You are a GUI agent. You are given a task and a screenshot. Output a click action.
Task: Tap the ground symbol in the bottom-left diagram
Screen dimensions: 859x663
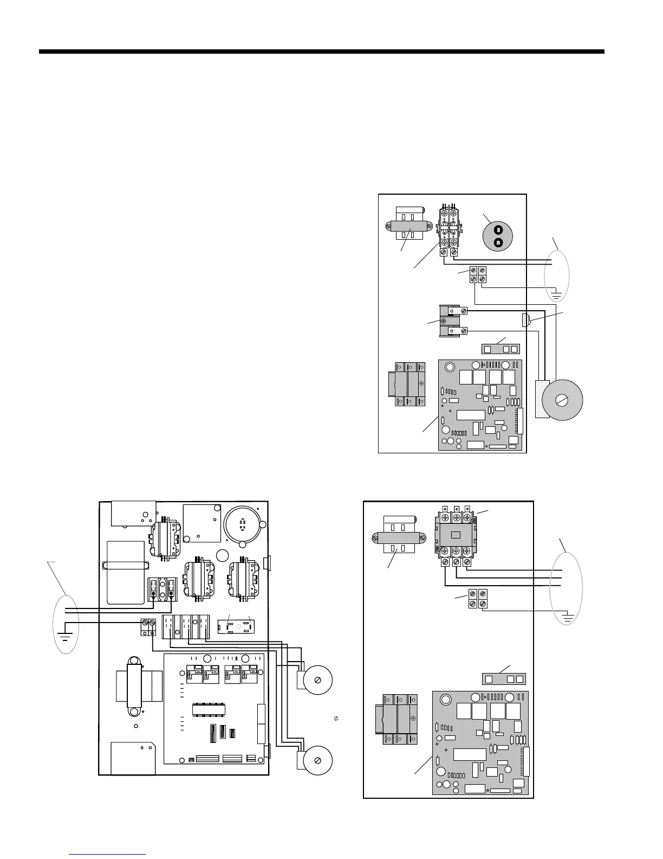click(x=66, y=635)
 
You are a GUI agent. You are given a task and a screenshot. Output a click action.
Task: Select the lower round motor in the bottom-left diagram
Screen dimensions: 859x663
click(x=317, y=759)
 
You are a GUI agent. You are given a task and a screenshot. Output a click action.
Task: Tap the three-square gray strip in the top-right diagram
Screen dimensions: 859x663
click(x=500, y=348)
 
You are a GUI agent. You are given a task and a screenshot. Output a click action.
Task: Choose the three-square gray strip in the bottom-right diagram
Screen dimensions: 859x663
click(x=504, y=679)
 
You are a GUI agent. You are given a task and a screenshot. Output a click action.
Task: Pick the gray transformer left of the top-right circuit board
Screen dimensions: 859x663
click(x=410, y=384)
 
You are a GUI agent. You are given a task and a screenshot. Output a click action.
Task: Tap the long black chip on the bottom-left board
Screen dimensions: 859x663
click(x=209, y=709)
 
